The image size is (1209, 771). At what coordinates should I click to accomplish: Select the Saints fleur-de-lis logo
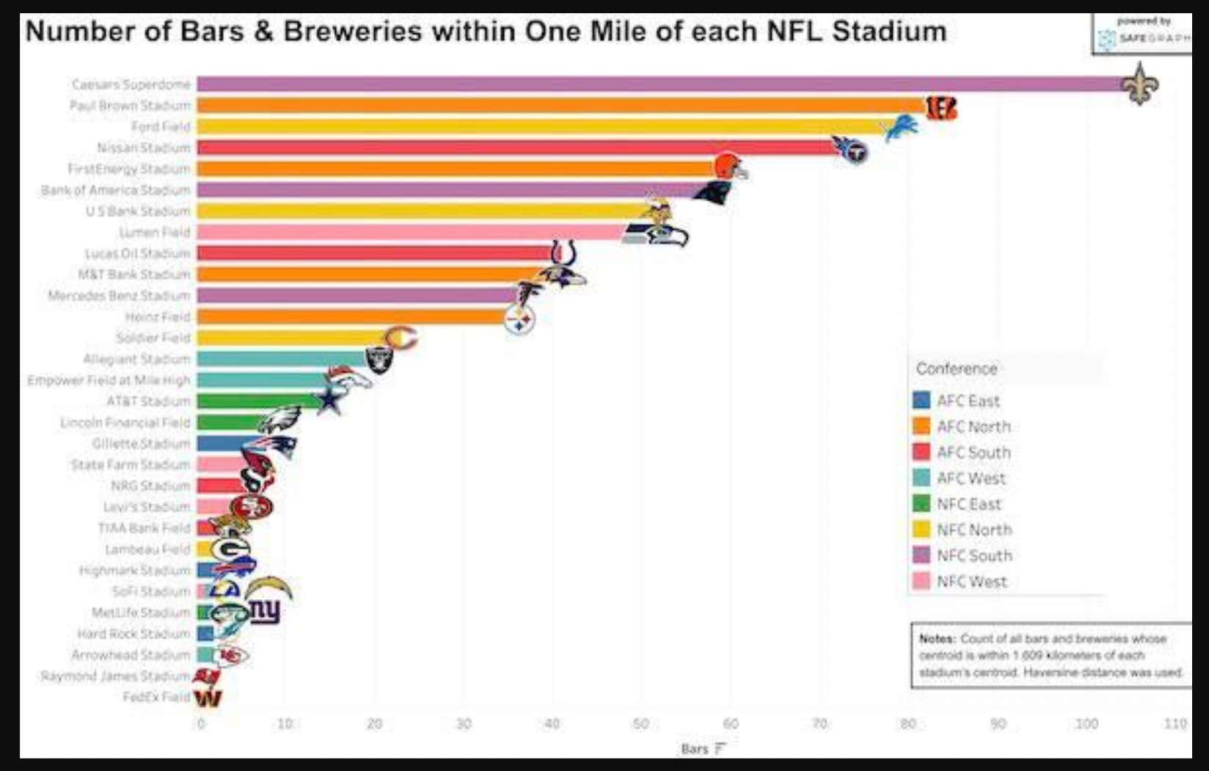[x=1139, y=84]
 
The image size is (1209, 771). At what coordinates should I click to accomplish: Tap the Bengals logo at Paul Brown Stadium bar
[x=940, y=107]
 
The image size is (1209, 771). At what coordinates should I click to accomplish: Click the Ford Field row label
[x=160, y=126]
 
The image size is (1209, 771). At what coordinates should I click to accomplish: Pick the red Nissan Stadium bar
[x=514, y=148]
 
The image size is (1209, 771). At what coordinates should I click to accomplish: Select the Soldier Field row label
[x=153, y=338]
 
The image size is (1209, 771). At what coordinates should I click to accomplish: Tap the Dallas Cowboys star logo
[x=329, y=401]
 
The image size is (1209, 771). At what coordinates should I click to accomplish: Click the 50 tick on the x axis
[x=640, y=724]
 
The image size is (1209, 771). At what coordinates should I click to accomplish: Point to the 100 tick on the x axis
[x=1086, y=724]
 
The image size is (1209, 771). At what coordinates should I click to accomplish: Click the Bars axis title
[x=695, y=749]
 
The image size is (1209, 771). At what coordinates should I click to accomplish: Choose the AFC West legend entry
[x=971, y=479]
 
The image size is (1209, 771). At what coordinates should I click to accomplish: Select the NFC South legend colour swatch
[x=921, y=555]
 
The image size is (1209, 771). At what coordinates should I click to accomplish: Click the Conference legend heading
[x=956, y=369]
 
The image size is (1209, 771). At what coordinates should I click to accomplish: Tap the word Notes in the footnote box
[x=937, y=639]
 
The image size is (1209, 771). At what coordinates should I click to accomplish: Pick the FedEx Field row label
[x=156, y=697]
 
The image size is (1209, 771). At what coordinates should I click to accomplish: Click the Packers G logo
[x=230, y=549]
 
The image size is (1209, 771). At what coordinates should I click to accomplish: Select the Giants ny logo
[x=265, y=610]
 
